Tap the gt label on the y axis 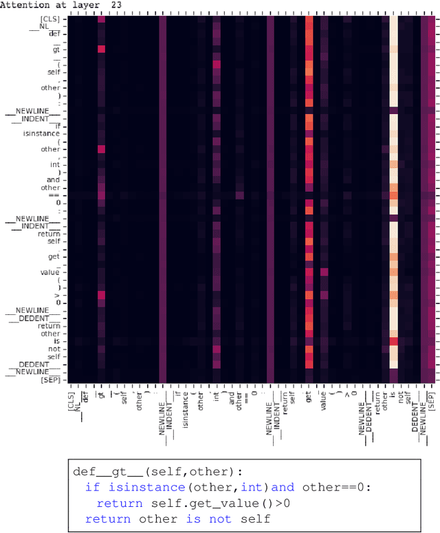point(56,50)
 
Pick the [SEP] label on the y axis point(50,379)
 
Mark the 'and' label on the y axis point(54,180)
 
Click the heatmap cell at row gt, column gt point(101,50)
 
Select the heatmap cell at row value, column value point(324,272)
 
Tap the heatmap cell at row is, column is point(393,340)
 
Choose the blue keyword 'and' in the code point(283,487)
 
